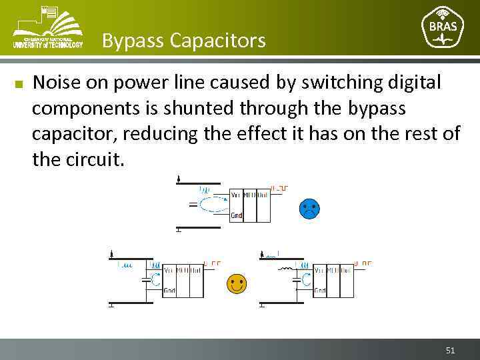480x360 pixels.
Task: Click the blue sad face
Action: coord(309,209)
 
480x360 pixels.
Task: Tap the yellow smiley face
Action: coord(236,283)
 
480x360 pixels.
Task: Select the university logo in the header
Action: coord(47,27)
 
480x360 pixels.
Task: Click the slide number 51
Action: coord(450,350)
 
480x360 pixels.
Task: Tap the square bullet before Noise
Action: coord(19,85)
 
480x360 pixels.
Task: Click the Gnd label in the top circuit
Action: coord(236,215)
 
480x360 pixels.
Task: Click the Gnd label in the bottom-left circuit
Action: coord(169,291)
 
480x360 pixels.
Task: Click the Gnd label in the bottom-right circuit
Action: coord(320,291)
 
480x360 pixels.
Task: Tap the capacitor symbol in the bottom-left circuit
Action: coord(146,281)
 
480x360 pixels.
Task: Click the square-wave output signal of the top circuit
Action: coord(279,189)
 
